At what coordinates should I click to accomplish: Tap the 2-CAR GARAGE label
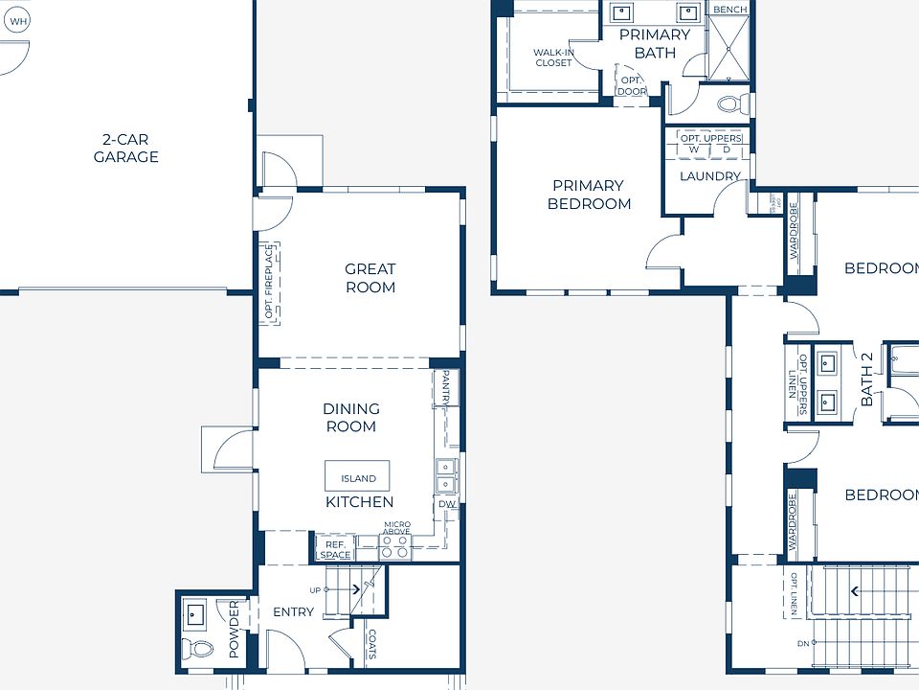pyautogui.click(x=125, y=148)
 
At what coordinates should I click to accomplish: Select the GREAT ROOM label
pyautogui.click(x=370, y=278)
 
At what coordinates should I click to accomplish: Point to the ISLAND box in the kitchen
pyautogui.click(x=358, y=477)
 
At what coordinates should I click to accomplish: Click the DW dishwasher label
pyautogui.click(x=446, y=504)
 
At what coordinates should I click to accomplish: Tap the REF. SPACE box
pyautogui.click(x=335, y=549)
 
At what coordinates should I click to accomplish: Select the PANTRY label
pyautogui.click(x=446, y=389)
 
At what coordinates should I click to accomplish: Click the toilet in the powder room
pyautogui.click(x=202, y=650)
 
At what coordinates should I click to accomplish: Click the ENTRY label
pyautogui.click(x=293, y=611)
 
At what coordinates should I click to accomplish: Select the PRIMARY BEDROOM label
pyautogui.click(x=589, y=195)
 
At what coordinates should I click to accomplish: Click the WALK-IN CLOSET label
pyautogui.click(x=552, y=57)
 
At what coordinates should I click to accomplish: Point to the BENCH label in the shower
pyautogui.click(x=729, y=10)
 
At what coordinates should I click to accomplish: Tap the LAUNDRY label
pyautogui.click(x=709, y=176)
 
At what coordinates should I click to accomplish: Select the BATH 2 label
pyautogui.click(x=867, y=379)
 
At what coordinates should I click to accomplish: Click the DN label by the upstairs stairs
pyautogui.click(x=802, y=643)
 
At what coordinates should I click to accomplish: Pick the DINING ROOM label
pyautogui.click(x=350, y=418)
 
